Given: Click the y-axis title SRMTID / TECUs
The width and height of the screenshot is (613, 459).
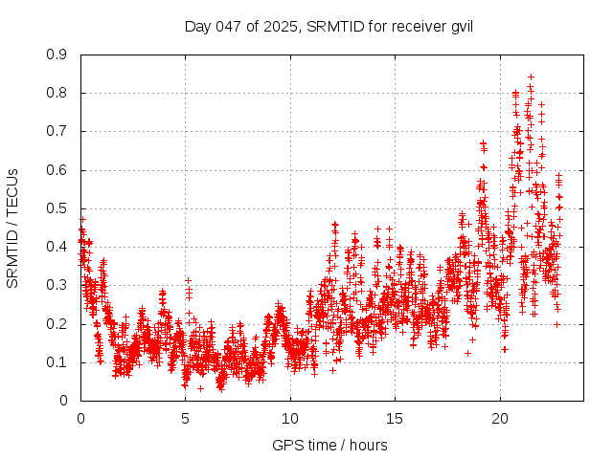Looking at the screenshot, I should (x=12, y=228).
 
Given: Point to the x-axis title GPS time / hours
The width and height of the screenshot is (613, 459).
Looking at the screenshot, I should (x=330, y=445).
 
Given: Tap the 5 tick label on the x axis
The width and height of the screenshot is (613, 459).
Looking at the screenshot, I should (x=185, y=419).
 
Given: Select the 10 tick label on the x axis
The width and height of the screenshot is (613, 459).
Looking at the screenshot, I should (x=290, y=419).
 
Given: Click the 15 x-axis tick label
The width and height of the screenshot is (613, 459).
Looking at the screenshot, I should (x=395, y=419).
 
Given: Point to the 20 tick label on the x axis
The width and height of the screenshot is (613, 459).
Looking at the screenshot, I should (x=499, y=419).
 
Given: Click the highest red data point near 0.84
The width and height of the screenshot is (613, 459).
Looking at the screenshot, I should (x=531, y=76).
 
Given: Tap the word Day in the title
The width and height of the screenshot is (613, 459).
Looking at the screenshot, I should (x=197, y=26).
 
